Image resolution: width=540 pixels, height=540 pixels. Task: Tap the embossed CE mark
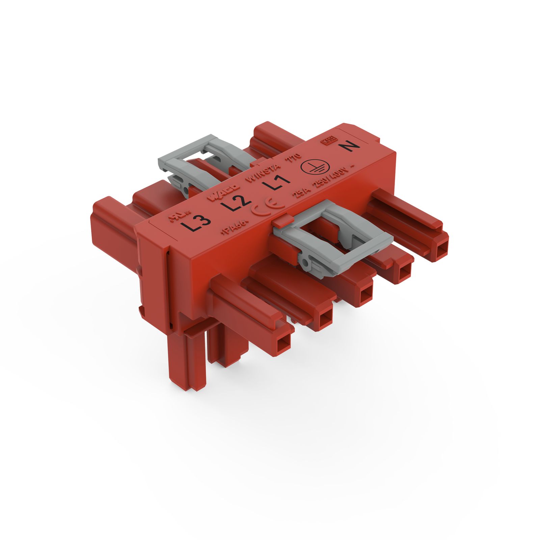pos(268,208)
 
